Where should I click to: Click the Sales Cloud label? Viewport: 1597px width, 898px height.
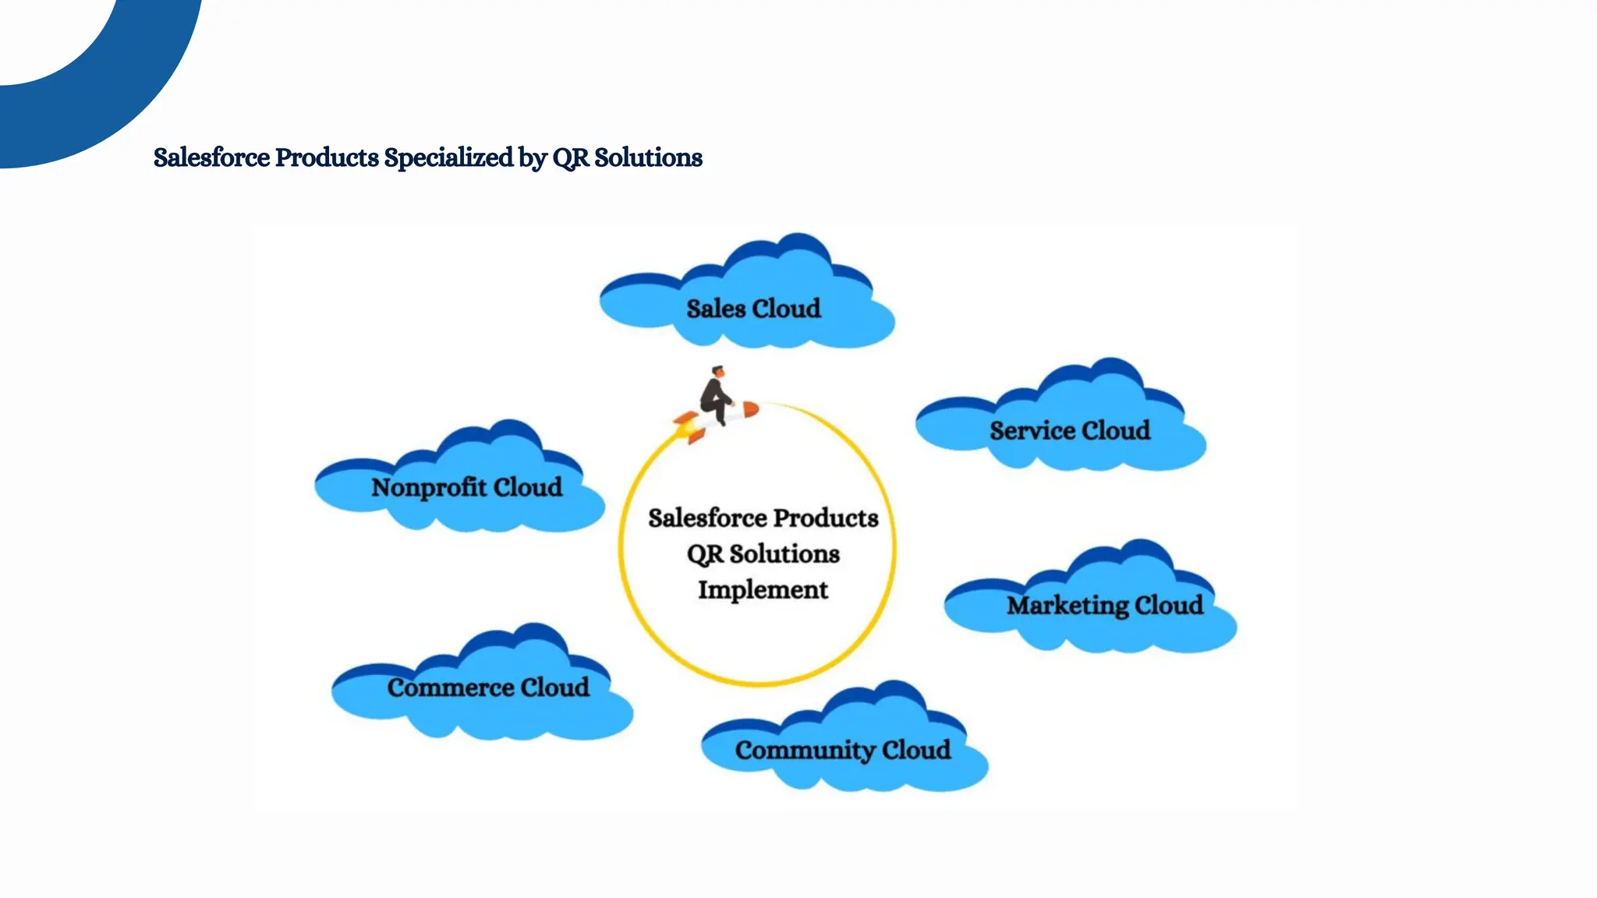(753, 309)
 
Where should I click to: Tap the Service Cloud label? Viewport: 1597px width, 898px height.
(1070, 430)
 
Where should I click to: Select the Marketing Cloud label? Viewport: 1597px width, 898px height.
(1104, 606)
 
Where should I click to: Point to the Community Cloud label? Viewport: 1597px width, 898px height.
(842, 750)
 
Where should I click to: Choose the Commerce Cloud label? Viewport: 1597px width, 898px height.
(488, 688)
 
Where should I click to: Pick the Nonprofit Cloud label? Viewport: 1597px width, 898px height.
(466, 487)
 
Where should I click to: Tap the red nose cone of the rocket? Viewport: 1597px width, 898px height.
(750, 409)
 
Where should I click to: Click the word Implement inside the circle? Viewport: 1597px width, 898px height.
(763, 590)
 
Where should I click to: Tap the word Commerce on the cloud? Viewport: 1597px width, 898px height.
(450, 688)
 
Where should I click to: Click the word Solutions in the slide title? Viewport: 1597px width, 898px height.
(648, 157)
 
